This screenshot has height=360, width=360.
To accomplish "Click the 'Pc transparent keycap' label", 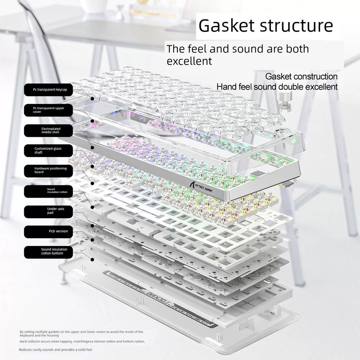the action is pyautogui.click(x=49, y=90).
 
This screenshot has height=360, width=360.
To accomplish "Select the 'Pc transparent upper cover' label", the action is pyautogui.click(x=49, y=110).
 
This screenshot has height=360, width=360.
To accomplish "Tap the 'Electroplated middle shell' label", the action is pyautogui.click(x=49, y=130).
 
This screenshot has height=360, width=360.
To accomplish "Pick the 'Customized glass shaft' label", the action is pyautogui.click(x=49, y=150).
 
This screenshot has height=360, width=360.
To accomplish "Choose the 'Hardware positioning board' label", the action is pyautogui.click(x=49, y=171).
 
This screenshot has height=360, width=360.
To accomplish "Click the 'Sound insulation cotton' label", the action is pyautogui.click(x=49, y=191).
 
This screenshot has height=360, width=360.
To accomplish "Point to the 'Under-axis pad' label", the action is pyautogui.click(x=49, y=211).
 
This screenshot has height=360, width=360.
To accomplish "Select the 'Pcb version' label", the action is pyautogui.click(x=49, y=231).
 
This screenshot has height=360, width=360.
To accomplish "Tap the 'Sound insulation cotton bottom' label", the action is pyautogui.click(x=49, y=252).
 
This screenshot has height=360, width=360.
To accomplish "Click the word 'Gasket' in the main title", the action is pyautogui.click(x=226, y=25).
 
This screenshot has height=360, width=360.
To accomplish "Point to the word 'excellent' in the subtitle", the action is pyautogui.click(x=189, y=61).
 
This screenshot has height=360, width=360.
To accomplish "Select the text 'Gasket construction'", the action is pyautogui.click(x=301, y=77).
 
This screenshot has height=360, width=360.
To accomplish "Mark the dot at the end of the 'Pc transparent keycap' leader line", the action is pyautogui.click(x=92, y=99).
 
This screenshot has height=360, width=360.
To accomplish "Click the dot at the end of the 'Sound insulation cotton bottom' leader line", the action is pyautogui.click(x=92, y=260).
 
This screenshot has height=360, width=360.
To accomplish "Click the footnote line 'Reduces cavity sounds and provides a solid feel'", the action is pyautogui.click(x=55, y=350).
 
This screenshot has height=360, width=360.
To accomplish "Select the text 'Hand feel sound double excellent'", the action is pyautogui.click(x=277, y=87).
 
